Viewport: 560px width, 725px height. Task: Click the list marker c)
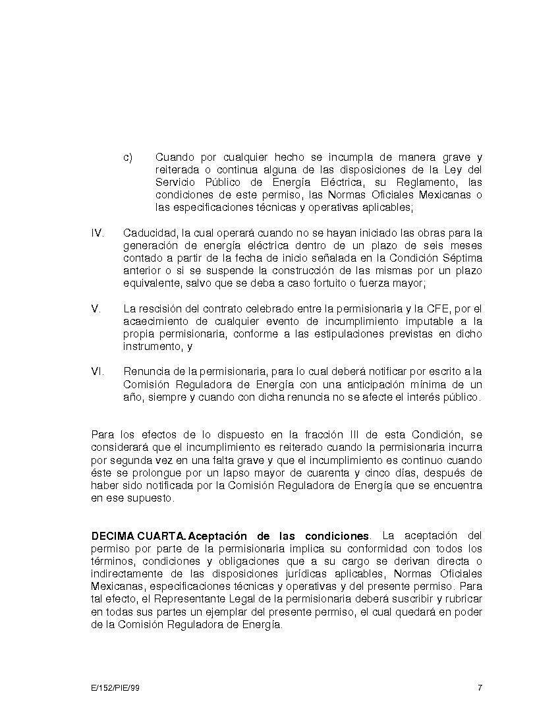pos(128,158)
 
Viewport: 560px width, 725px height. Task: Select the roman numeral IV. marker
pos(97,233)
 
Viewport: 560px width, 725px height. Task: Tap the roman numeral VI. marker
pos(97,372)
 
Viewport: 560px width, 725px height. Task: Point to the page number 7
pos(480,688)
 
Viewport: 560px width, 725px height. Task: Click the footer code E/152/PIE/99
pos(115,688)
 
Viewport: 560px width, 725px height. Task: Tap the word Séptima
pos(461,258)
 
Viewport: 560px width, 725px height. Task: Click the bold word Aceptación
pos(217,535)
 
